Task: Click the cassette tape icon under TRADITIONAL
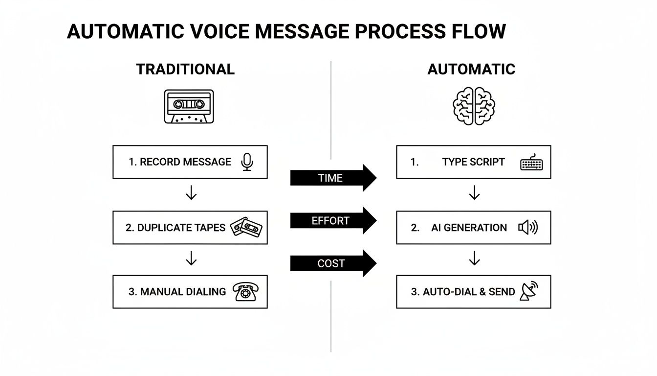click(188, 106)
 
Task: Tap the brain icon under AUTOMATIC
click(473, 106)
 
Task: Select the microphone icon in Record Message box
click(247, 162)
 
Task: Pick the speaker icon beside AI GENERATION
click(527, 227)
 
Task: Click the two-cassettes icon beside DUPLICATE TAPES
click(246, 227)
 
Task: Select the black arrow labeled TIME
click(333, 178)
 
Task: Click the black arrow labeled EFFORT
click(333, 220)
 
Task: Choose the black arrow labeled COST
click(333, 263)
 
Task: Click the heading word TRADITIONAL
click(185, 69)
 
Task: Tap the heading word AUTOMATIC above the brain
click(471, 69)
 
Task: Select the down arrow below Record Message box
click(191, 193)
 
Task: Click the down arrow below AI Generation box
click(474, 258)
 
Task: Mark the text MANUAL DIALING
click(183, 292)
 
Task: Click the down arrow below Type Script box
click(474, 193)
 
